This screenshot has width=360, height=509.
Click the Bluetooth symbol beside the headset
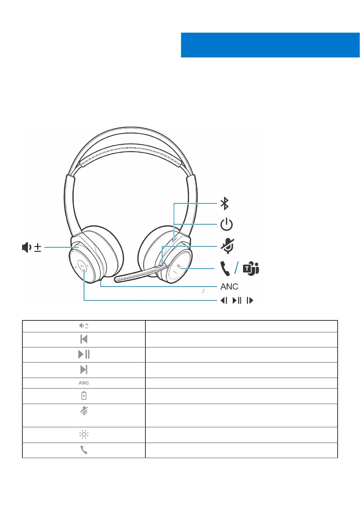coord(224,203)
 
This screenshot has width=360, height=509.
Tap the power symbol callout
coord(226,225)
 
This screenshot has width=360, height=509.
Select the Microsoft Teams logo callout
coord(251,268)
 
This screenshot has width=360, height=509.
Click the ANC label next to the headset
coord(229,287)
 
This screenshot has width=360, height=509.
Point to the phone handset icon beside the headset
coord(225,268)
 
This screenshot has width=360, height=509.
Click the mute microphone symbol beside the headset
coord(227,246)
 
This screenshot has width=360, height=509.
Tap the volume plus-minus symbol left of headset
coord(31,247)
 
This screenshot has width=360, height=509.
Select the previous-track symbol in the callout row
coord(224,300)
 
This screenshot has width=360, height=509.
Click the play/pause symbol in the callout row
coord(237,300)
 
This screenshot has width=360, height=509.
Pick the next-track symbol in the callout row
coord(250,300)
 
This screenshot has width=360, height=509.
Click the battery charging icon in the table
coord(84,396)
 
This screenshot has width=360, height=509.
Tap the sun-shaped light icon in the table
coord(84,435)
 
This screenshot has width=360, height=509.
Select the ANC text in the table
coord(84,383)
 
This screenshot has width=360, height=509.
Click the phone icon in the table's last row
coord(84,450)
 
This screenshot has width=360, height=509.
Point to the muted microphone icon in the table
coord(84,411)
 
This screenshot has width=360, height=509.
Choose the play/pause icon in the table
coord(84,354)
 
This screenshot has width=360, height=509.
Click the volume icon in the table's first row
coord(84,326)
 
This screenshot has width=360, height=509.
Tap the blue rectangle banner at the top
coord(270,45)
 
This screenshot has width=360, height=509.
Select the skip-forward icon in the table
coord(84,370)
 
